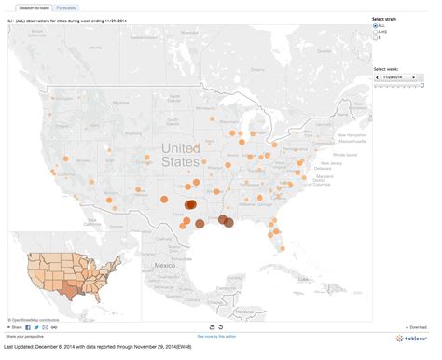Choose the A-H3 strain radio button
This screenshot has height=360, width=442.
pos(375,32)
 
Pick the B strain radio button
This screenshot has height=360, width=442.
pos(375,38)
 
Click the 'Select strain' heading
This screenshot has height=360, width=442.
pos(384,19)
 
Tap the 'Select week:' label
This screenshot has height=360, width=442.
pos(386,69)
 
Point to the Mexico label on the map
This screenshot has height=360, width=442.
pos(165,266)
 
